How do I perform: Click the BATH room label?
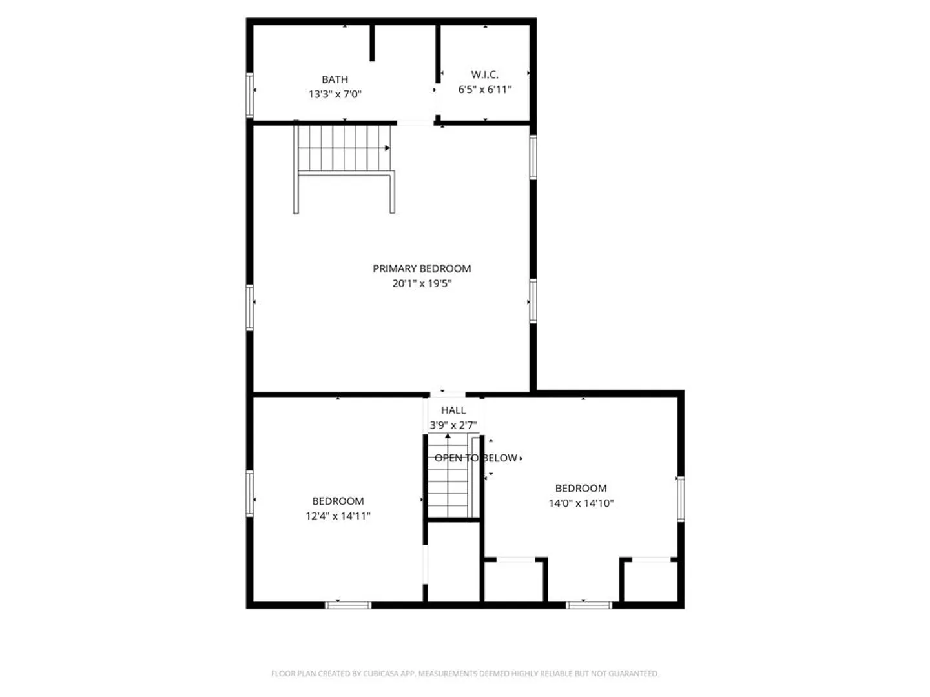click(x=335, y=79)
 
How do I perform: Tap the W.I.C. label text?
click(x=485, y=74)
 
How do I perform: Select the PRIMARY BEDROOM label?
click(x=422, y=268)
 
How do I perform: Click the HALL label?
click(x=453, y=410)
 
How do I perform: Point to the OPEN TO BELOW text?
click(x=476, y=458)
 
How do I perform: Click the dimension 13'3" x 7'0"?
click(x=335, y=94)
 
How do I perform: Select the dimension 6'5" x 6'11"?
click(x=485, y=89)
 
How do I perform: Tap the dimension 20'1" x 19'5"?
click(x=422, y=283)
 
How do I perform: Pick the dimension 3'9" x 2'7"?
click(x=453, y=425)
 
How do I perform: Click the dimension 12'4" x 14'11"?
click(x=338, y=516)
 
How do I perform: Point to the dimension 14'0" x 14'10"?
click(x=581, y=503)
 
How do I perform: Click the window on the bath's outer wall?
click(x=250, y=96)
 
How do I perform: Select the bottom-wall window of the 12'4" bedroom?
click(x=348, y=605)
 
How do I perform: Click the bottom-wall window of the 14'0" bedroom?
click(x=589, y=605)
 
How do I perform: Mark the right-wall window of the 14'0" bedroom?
click(x=681, y=498)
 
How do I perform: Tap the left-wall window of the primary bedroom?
click(x=250, y=307)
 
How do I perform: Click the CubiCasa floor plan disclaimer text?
click(x=465, y=673)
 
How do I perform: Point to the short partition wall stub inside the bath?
click(x=372, y=43)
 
